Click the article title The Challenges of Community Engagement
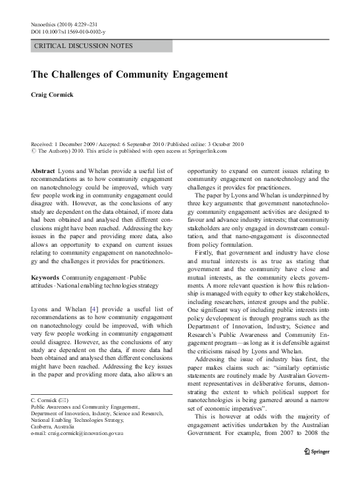tap(129, 75)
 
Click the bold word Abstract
tap(43, 171)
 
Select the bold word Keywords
tap(47, 277)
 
